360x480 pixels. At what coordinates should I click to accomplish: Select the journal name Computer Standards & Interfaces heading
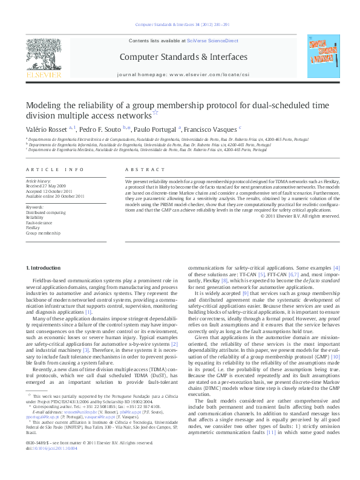[183, 57]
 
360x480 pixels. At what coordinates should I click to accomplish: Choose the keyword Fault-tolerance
[38, 222]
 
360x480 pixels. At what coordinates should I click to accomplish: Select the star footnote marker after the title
[155, 112]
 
